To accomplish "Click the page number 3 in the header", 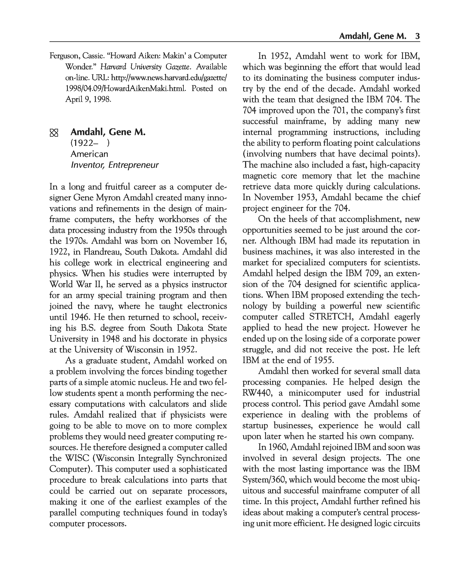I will [417, 36].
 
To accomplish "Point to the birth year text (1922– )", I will [90, 143].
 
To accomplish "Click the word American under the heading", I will [89, 154].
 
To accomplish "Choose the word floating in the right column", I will [336, 143].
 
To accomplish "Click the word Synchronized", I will [203, 458].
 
